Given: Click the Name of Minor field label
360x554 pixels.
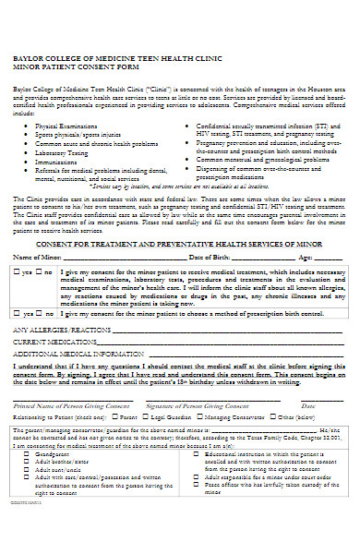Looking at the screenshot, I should click(x=38, y=257).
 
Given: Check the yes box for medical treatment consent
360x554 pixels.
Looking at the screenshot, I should click(x=17, y=273).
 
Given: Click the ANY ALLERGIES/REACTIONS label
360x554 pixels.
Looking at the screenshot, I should click(x=61, y=329).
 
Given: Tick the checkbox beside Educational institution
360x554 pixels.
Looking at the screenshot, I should click(x=197, y=455).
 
